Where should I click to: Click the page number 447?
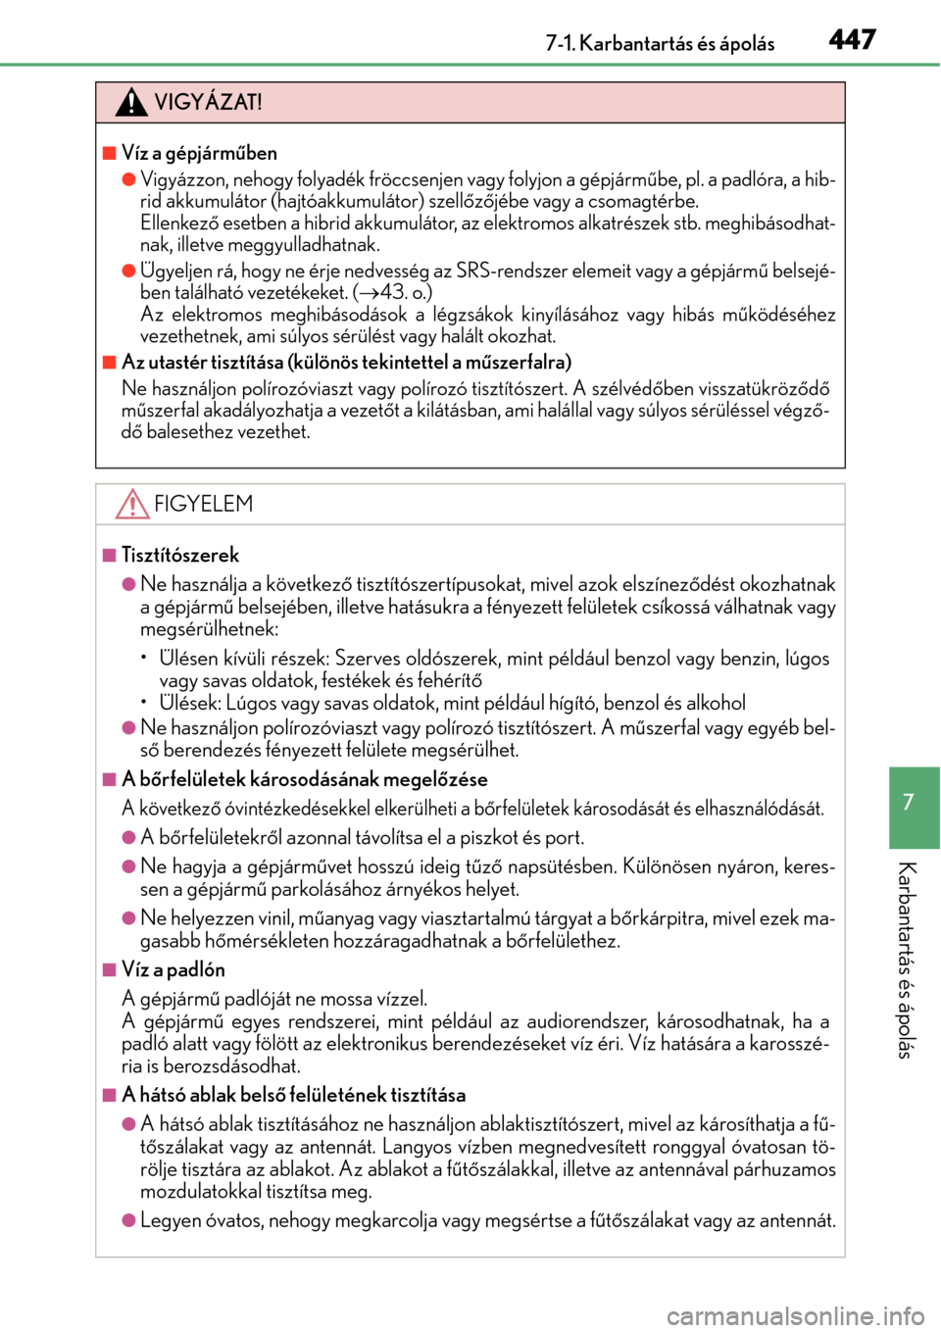point(852,39)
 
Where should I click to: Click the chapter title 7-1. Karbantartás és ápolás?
point(660,43)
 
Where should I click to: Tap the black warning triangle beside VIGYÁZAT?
point(131,102)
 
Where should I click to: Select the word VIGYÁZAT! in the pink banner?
point(208,102)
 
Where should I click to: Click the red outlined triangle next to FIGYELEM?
point(132,504)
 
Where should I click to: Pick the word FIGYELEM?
point(203,504)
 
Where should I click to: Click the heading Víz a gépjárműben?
point(199,153)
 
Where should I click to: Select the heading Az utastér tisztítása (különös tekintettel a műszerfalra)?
point(346,362)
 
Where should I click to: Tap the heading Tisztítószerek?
point(180,555)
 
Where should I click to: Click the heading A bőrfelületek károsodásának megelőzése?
point(304,779)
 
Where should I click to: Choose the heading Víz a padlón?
point(173,969)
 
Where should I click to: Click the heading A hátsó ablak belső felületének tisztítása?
point(293,1095)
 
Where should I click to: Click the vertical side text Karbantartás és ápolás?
point(908,960)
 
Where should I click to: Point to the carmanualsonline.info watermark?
point(795,1315)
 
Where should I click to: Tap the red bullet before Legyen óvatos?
point(128,1220)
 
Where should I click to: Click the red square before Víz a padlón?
point(110,969)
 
